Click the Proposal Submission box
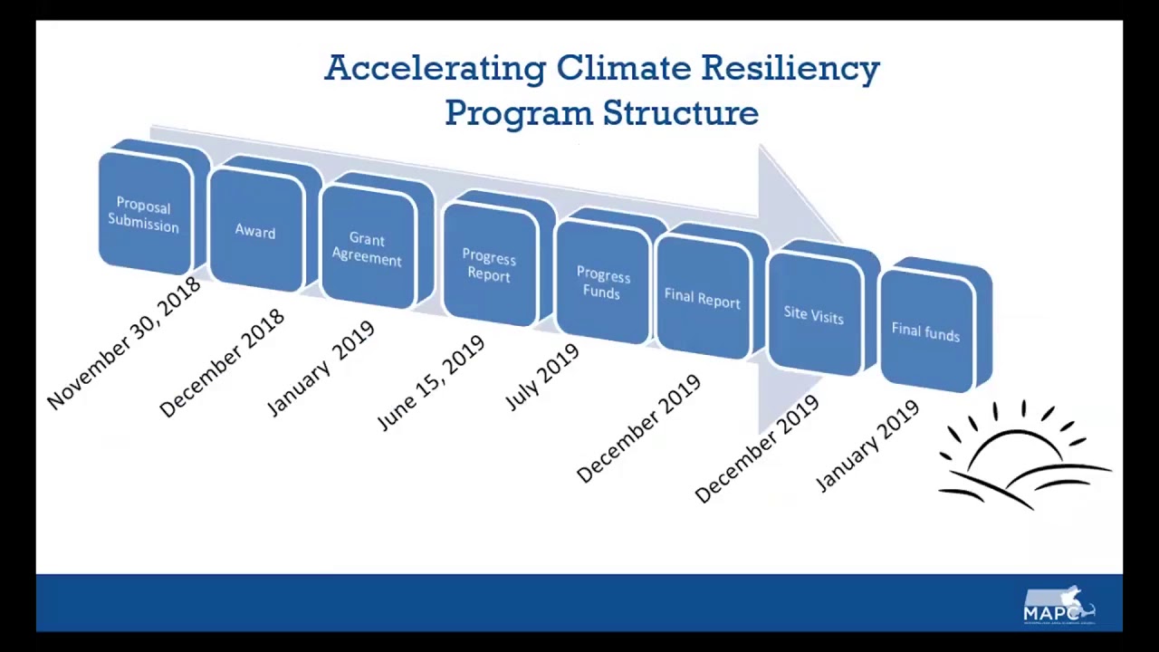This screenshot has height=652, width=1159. [144, 216]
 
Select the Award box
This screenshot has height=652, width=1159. [255, 232]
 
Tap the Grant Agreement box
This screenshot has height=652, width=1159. [367, 249]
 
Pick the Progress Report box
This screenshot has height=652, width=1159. [489, 267]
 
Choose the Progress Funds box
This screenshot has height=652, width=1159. [602, 283]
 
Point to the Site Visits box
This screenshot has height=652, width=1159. [814, 315]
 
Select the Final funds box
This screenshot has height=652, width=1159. [926, 332]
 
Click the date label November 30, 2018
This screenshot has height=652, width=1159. [124, 344]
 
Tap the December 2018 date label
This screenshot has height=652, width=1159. [222, 364]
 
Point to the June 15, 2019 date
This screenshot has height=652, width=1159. [431, 383]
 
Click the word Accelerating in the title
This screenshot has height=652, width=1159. [435, 69]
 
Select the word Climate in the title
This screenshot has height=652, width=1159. [623, 69]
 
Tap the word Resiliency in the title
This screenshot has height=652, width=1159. [790, 69]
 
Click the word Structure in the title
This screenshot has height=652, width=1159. [681, 114]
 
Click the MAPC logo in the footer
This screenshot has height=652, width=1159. [1058, 606]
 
